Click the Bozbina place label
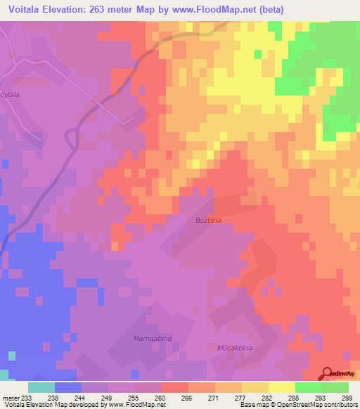click(x=209, y=221)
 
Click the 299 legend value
click(x=347, y=397)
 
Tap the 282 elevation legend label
click(x=267, y=397)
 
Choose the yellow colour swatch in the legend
click(x=282, y=387)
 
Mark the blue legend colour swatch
click(x=68, y=387)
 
